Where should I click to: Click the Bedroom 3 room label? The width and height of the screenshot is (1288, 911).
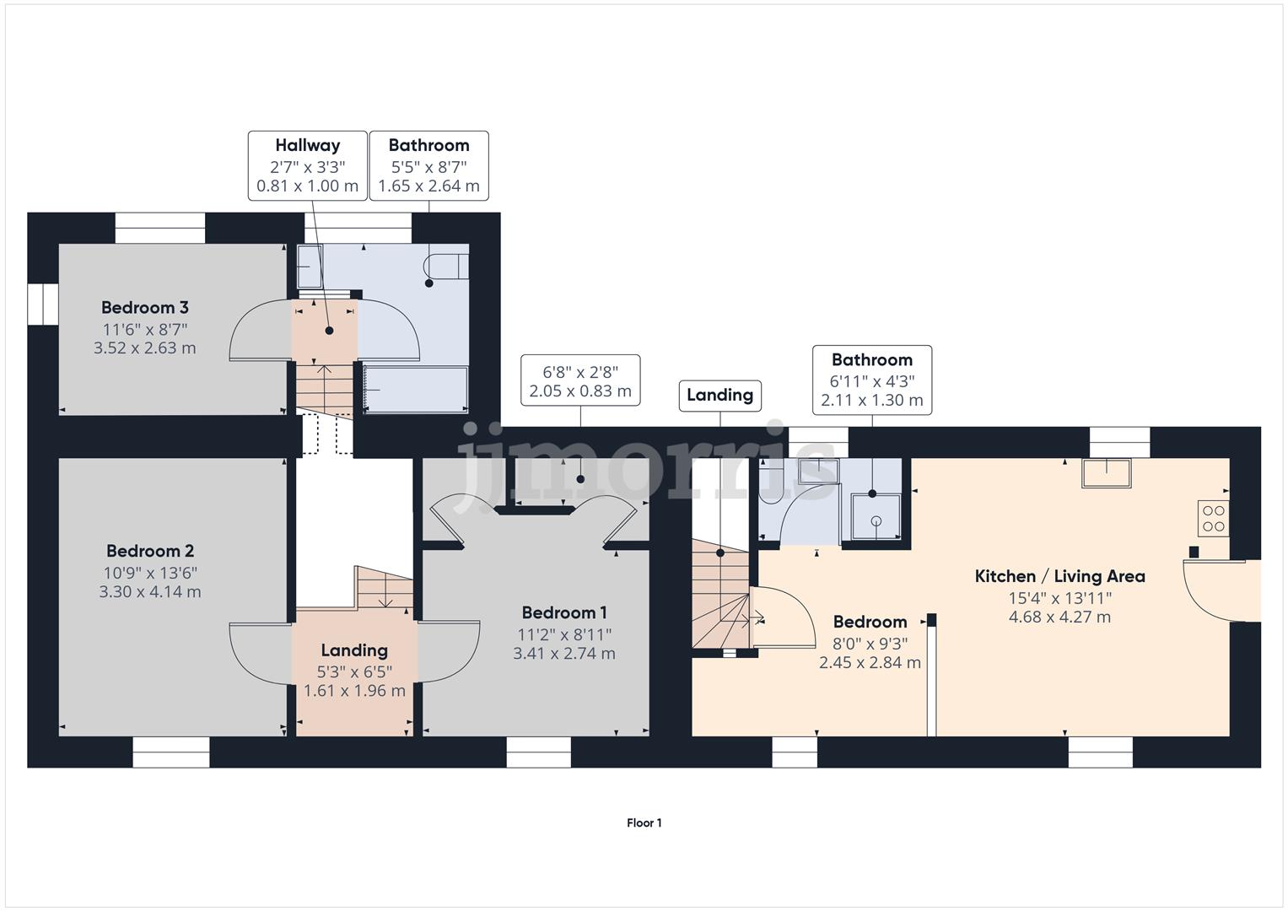(144, 308)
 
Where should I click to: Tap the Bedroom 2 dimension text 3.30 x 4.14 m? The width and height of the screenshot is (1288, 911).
(150, 592)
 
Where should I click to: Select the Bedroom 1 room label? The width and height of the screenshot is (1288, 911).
(563, 613)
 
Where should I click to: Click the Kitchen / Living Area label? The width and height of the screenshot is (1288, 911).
(1059, 577)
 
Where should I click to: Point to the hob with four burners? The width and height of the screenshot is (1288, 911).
(1213, 518)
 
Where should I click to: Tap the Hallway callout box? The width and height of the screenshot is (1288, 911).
(307, 165)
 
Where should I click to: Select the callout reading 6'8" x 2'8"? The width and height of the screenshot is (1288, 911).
(579, 380)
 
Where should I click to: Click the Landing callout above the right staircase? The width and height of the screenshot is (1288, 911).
(719, 395)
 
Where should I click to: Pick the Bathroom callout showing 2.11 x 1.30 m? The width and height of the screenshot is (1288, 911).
(871, 380)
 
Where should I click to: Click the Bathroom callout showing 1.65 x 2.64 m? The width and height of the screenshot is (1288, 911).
(428, 165)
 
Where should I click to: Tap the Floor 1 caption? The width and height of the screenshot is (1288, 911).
(644, 823)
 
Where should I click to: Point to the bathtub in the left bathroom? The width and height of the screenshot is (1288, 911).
(416, 390)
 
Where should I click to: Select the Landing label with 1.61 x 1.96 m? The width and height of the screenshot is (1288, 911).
(354, 671)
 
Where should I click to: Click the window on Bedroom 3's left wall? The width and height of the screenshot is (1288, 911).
(42, 303)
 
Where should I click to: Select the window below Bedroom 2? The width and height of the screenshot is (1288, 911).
(171, 752)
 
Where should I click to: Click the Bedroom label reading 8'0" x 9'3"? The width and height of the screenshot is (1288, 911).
(870, 642)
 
